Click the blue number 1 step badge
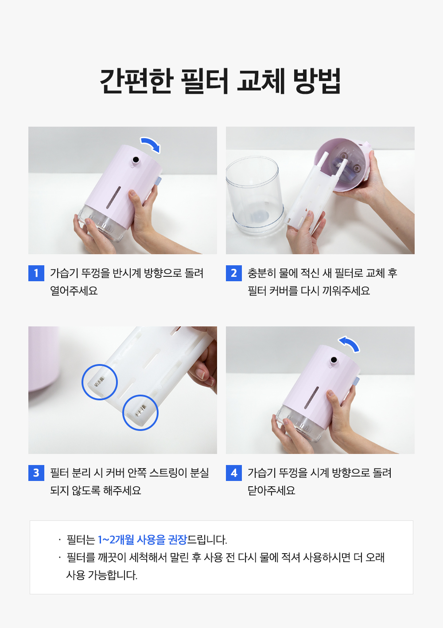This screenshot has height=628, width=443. point(36,273)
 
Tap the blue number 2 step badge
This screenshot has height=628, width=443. point(234,273)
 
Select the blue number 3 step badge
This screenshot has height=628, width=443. point(36,473)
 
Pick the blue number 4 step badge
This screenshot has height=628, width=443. point(234,473)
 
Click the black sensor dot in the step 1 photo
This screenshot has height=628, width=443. point(136,160)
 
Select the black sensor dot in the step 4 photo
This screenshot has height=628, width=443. point(334,360)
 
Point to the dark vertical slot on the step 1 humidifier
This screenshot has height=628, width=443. point(113,198)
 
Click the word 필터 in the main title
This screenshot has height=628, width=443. point(204,81)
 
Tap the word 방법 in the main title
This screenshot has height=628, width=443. point(317,81)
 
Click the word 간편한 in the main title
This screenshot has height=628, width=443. point(136,81)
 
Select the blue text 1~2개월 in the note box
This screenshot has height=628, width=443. point(116,540)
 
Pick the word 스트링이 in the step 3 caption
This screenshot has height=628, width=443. point(168,473)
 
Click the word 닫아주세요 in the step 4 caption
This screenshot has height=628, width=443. point(272,491)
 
